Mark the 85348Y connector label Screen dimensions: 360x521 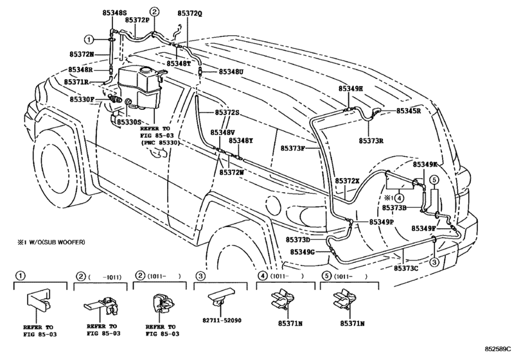coord(241,141)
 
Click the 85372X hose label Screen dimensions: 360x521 coord(348,181)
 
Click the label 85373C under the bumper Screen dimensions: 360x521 coord(407,267)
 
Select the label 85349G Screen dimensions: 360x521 coord(302,252)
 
